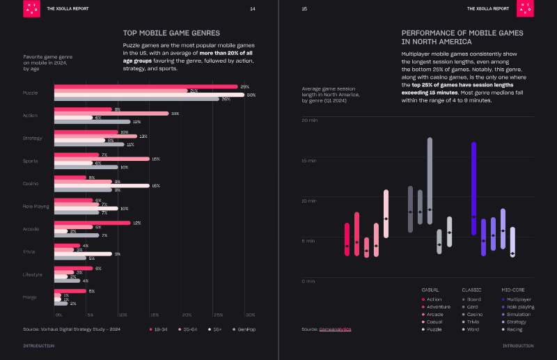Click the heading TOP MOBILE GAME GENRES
pos(171,33)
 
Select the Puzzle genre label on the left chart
pos(31,93)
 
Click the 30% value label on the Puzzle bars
pos(251,94)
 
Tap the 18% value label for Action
pos(175,114)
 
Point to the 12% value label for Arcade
pos(137,223)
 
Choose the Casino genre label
pos(31,184)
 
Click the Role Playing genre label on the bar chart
pos(35,206)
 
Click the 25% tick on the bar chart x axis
pos(219,315)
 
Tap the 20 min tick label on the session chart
pos(309,120)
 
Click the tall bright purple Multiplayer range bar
pos(473,178)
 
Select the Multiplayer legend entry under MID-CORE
pos(518,299)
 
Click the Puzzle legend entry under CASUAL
pos(434,329)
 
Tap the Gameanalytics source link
pos(337,329)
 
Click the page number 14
pos(252,8)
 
